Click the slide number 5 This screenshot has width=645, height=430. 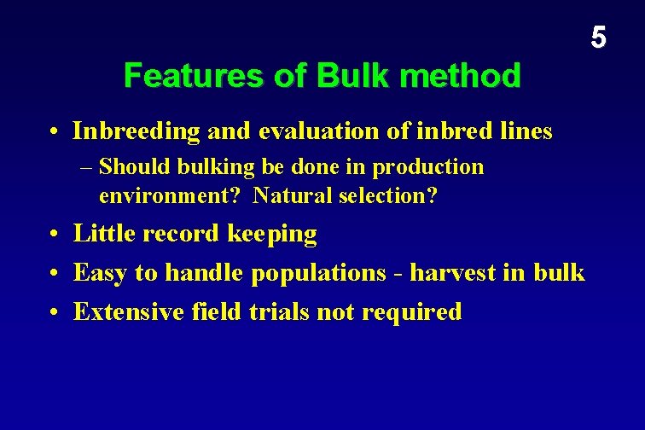[598, 38]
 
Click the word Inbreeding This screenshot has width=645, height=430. [136, 132]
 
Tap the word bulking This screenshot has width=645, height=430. [216, 168]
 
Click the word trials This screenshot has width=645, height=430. [280, 312]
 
